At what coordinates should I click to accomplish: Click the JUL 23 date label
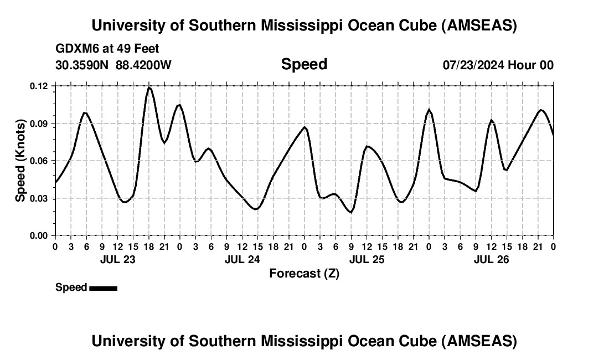pyautogui.click(x=117, y=259)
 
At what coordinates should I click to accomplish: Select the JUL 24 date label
pyautogui.click(x=242, y=259)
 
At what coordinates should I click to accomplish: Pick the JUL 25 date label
pyautogui.click(x=367, y=259)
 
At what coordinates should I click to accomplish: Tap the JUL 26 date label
pyautogui.click(x=491, y=259)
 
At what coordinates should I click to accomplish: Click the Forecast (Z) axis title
pyautogui.click(x=304, y=273)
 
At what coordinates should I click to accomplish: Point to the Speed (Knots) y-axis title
pyautogui.click(x=20, y=161)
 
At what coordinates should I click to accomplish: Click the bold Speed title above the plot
pyautogui.click(x=304, y=64)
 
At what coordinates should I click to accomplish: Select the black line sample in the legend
pyautogui.click(x=103, y=288)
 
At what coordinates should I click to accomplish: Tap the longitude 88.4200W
pyautogui.click(x=143, y=65)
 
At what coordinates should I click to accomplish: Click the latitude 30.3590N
pyautogui.click(x=83, y=65)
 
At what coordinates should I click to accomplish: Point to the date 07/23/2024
pyautogui.click(x=473, y=65)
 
